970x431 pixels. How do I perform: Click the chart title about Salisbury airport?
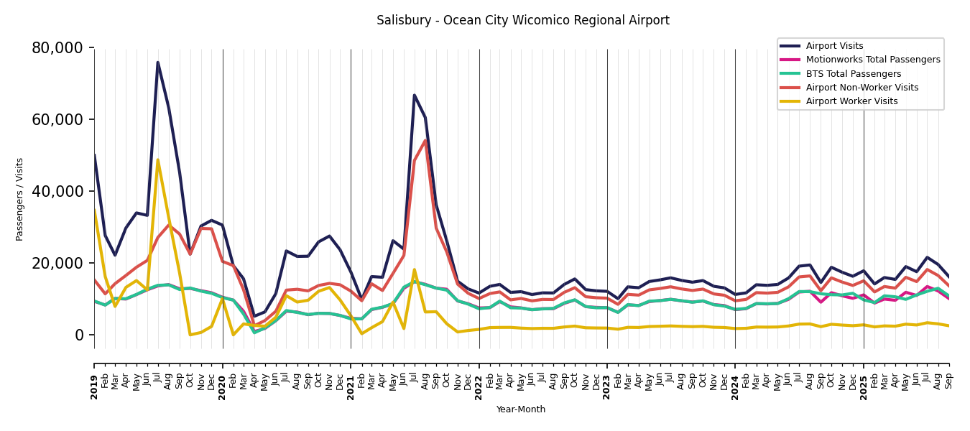click(522, 21)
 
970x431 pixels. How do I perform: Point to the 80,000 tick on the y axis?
click(57, 48)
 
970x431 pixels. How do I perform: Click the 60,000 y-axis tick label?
click(57, 120)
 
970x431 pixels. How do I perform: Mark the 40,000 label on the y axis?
click(57, 192)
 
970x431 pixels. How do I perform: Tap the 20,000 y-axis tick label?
click(57, 264)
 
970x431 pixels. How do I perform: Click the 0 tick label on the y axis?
click(79, 335)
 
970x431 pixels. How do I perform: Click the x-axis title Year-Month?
click(521, 409)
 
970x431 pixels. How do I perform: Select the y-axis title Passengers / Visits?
click(20, 199)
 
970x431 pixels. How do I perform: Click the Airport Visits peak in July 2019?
click(158, 62)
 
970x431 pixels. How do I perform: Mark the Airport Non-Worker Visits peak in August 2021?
click(425, 140)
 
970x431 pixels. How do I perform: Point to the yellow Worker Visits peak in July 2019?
click(158, 160)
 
